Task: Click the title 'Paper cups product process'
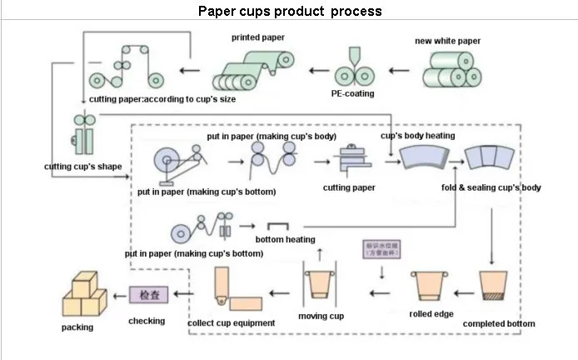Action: pos(290,12)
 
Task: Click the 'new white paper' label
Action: pos(447,40)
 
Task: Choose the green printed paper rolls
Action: pos(254,69)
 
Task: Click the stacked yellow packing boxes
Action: pos(84,294)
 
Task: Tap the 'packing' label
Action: pos(77,327)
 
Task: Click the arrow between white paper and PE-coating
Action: pos(401,71)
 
